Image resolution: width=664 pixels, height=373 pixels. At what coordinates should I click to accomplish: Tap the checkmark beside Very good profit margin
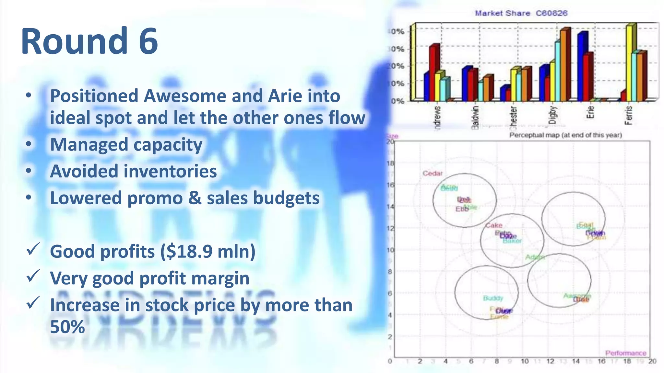(33, 276)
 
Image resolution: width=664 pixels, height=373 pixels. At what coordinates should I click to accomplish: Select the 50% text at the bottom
(67, 327)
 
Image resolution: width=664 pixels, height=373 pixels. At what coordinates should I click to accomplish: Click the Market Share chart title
(521, 13)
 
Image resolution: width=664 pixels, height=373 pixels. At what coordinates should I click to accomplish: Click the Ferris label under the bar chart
(628, 115)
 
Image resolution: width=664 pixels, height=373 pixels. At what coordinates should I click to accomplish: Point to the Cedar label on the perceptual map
(433, 174)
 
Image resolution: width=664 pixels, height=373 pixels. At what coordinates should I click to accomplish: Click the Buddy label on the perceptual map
(493, 298)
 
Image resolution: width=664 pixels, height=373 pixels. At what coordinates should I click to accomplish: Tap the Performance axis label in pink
(625, 353)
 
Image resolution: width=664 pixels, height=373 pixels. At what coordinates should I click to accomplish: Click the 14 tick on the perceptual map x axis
(575, 361)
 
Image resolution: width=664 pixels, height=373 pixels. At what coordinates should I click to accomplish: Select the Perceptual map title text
(565, 135)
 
